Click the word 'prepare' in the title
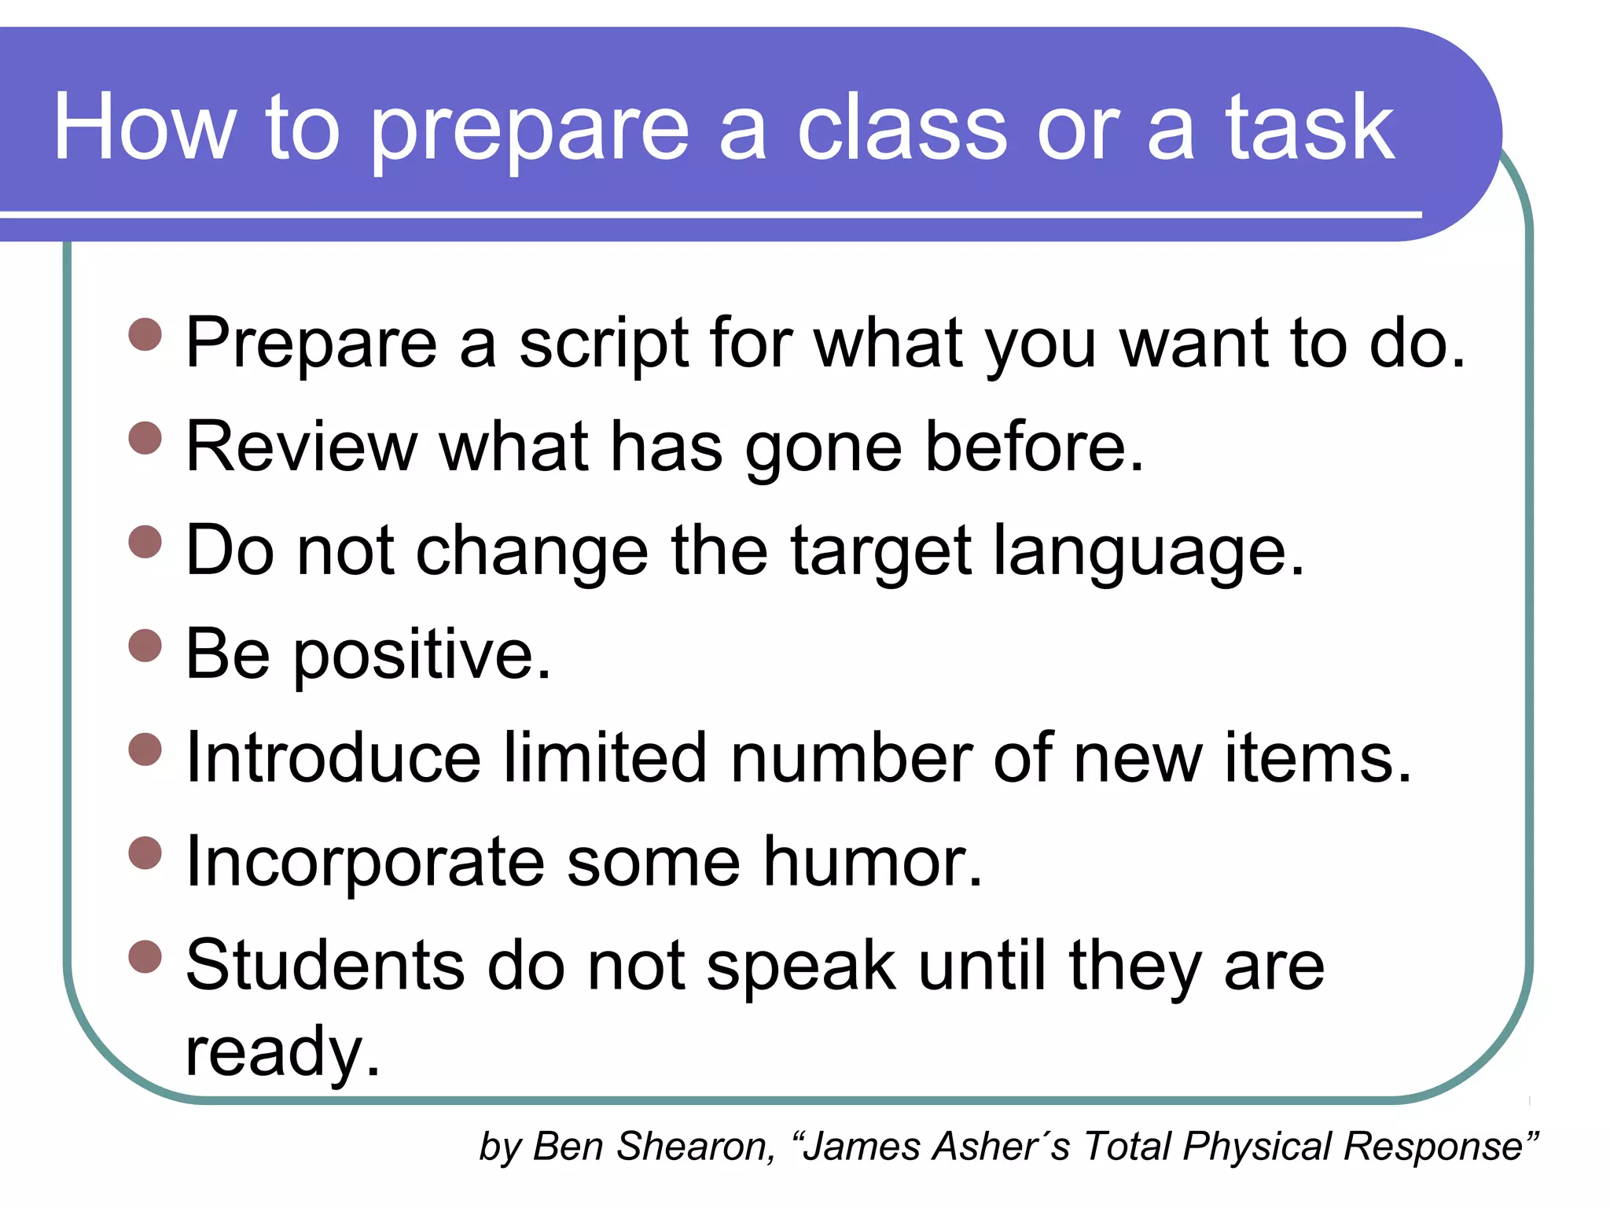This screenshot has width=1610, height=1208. click(x=529, y=130)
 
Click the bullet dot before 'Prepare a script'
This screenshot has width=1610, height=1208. click(x=145, y=334)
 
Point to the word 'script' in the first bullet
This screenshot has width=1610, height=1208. click(x=602, y=344)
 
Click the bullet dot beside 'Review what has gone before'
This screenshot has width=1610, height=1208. click(x=145, y=438)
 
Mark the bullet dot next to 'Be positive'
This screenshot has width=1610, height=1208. click(x=145, y=646)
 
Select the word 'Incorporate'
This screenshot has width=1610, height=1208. click(x=365, y=862)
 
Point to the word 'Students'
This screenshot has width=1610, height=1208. click(x=325, y=966)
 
